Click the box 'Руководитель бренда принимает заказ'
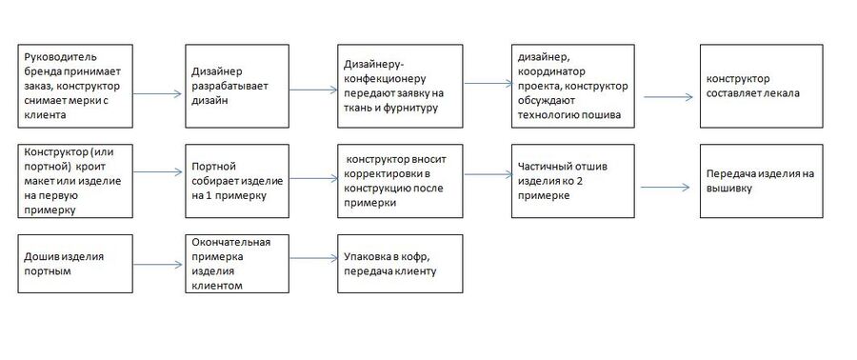pyautogui.click(x=75, y=87)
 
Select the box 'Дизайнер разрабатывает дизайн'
pyautogui.click(x=237, y=87)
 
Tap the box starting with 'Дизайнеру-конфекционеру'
pyautogui.click(x=400, y=87)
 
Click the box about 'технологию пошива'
pyautogui.click(x=573, y=87)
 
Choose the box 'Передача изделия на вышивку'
pyautogui.click(x=762, y=181)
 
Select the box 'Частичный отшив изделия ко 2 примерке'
pyautogui.click(x=573, y=181)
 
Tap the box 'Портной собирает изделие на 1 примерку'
pyautogui.click(x=237, y=181)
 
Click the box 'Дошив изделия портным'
pyautogui.click(x=75, y=264)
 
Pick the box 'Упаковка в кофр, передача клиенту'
pyautogui.click(x=400, y=264)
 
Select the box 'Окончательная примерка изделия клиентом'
pyautogui.click(x=237, y=264)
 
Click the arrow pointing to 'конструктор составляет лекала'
pyautogui.click(x=668, y=97)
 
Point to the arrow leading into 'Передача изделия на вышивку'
pyautogui.click(x=666, y=188)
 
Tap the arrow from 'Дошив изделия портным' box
pyautogui.click(x=157, y=265)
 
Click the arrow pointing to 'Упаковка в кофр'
pyautogui.click(x=313, y=258)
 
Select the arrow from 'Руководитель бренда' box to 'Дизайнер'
pyautogui.click(x=157, y=94)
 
